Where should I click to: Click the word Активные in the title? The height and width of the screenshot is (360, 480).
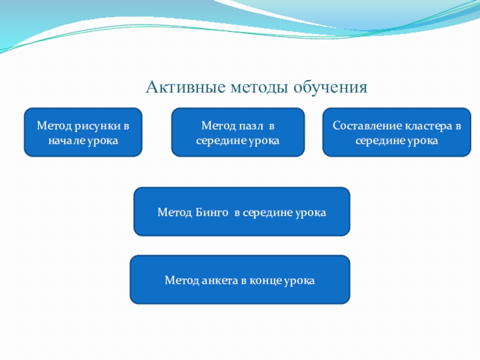[x=186, y=87]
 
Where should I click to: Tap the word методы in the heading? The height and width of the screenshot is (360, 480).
[x=259, y=88]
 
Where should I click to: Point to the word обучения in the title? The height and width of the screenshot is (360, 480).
[x=331, y=88]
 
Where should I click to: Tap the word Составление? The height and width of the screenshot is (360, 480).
[x=367, y=125]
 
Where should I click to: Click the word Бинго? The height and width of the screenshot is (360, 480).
[x=212, y=212]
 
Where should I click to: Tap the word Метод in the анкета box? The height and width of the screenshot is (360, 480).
[x=182, y=280]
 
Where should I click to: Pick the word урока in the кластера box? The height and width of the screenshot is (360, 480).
[x=423, y=141]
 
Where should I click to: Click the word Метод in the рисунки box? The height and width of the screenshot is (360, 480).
[x=54, y=126]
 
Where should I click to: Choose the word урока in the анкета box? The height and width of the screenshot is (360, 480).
[x=299, y=281]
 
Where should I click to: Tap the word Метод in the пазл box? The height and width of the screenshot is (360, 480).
[x=218, y=125]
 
